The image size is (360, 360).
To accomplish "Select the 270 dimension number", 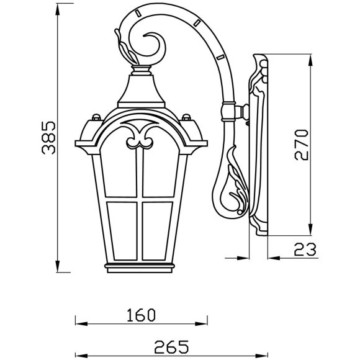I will coord(301,145).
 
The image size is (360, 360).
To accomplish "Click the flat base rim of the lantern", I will coord(141,268).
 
